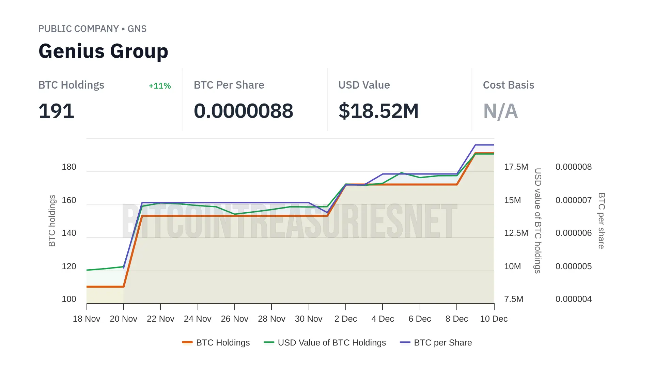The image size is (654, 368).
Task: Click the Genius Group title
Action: point(103,51)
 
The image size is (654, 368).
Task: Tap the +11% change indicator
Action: point(160,86)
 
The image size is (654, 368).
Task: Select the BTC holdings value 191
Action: point(56,111)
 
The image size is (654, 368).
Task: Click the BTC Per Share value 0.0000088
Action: point(243,111)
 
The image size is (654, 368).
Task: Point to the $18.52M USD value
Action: point(378,111)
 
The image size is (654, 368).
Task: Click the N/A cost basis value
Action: point(500,111)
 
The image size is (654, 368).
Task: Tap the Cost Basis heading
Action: point(508,85)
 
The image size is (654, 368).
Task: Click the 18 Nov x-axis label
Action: point(87,319)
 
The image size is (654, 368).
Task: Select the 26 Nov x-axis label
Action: point(234,319)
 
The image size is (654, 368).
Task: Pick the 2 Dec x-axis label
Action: point(345,319)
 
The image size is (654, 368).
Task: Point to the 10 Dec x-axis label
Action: point(494,319)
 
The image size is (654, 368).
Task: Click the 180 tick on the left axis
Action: point(69,167)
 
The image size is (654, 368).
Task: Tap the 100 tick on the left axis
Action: point(69,299)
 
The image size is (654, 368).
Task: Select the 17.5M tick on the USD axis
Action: point(516,167)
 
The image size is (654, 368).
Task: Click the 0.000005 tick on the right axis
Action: point(573,266)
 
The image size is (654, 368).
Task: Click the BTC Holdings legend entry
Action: point(216,342)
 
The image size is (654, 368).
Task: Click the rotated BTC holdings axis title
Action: point(52,220)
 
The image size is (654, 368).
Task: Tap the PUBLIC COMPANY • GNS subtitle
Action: point(92,29)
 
